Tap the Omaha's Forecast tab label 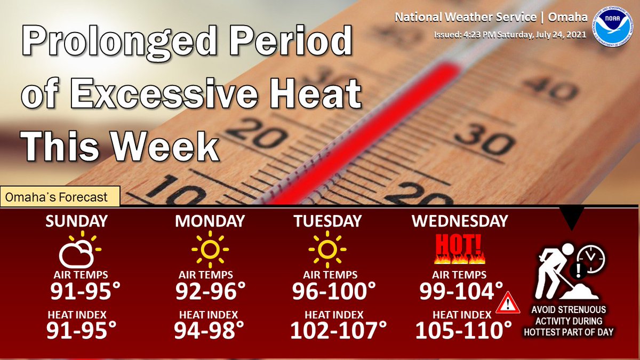click(57, 197)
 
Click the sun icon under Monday click(210, 249)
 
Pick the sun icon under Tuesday click(327, 249)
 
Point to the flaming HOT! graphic click(459, 249)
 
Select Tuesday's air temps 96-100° click(334, 291)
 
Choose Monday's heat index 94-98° click(209, 330)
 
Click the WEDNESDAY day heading click(460, 221)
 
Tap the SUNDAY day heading click(77, 221)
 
